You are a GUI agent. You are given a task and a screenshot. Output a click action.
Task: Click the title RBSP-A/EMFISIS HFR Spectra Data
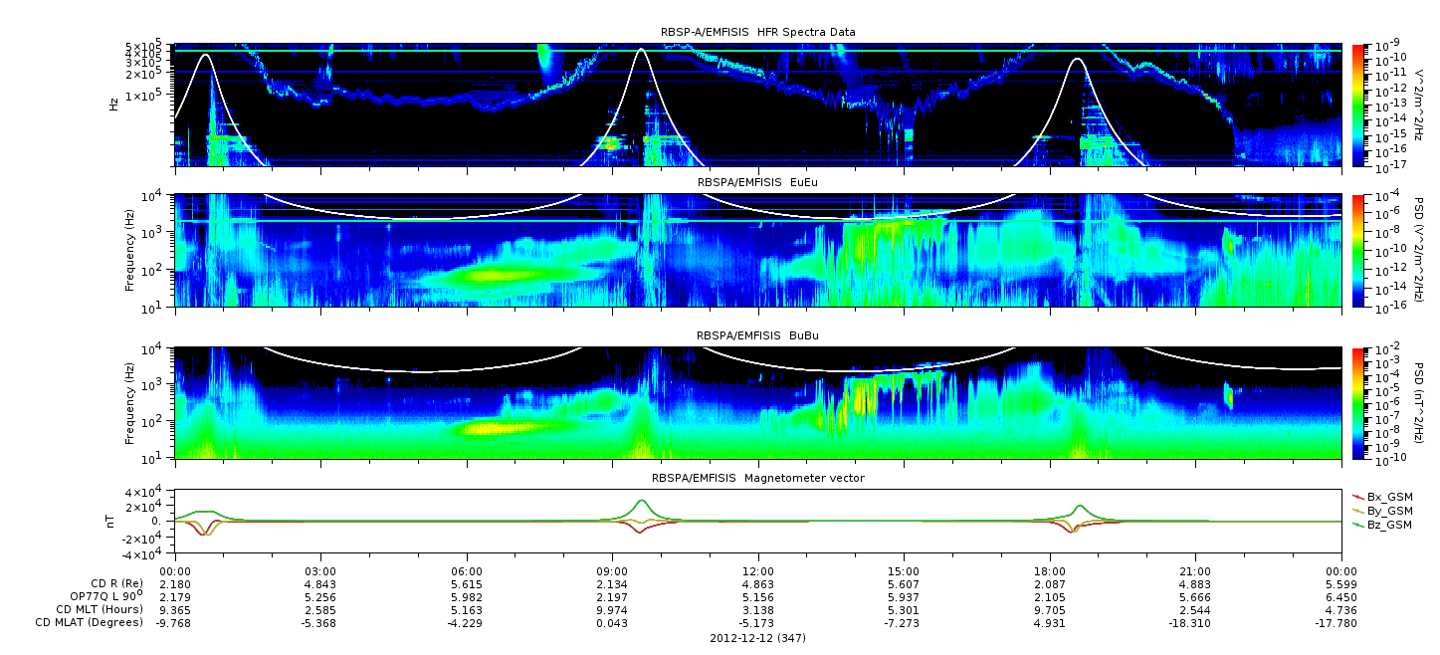(x=758, y=32)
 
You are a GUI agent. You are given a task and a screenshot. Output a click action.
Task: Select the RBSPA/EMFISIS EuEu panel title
(x=757, y=182)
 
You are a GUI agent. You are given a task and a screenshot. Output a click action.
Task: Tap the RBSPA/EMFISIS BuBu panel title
(x=757, y=335)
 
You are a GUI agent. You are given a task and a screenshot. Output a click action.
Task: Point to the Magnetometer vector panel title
(x=758, y=478)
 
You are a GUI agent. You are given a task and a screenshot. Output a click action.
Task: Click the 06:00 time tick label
(x=467, y=572)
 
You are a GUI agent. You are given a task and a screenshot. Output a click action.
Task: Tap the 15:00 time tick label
(x=904, y=572)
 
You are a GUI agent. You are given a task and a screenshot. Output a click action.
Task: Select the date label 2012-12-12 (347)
(x=758, y=638)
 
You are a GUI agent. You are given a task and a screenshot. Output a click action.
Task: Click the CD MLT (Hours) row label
(x=100, y=609)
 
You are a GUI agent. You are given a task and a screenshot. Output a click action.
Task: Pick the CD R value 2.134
(x=613, y=585)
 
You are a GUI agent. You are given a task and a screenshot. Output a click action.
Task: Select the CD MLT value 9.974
(x=613, y=610)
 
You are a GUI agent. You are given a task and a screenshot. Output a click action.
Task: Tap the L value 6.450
(x=1341, y=598)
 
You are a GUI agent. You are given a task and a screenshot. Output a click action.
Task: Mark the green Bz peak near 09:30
(x=641, y=500)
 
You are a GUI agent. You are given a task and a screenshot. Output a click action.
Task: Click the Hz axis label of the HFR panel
(x=114, y=105)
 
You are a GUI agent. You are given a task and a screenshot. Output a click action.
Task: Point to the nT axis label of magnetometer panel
(x=109, y=522)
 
